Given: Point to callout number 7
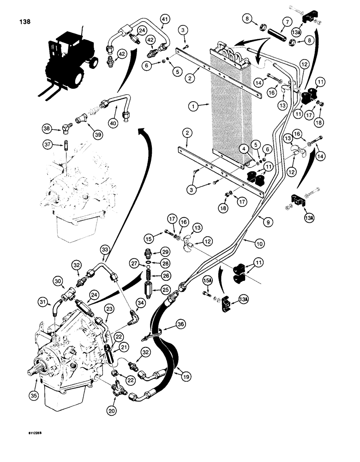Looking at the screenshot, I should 271,22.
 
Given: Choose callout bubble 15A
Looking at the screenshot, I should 207,280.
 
